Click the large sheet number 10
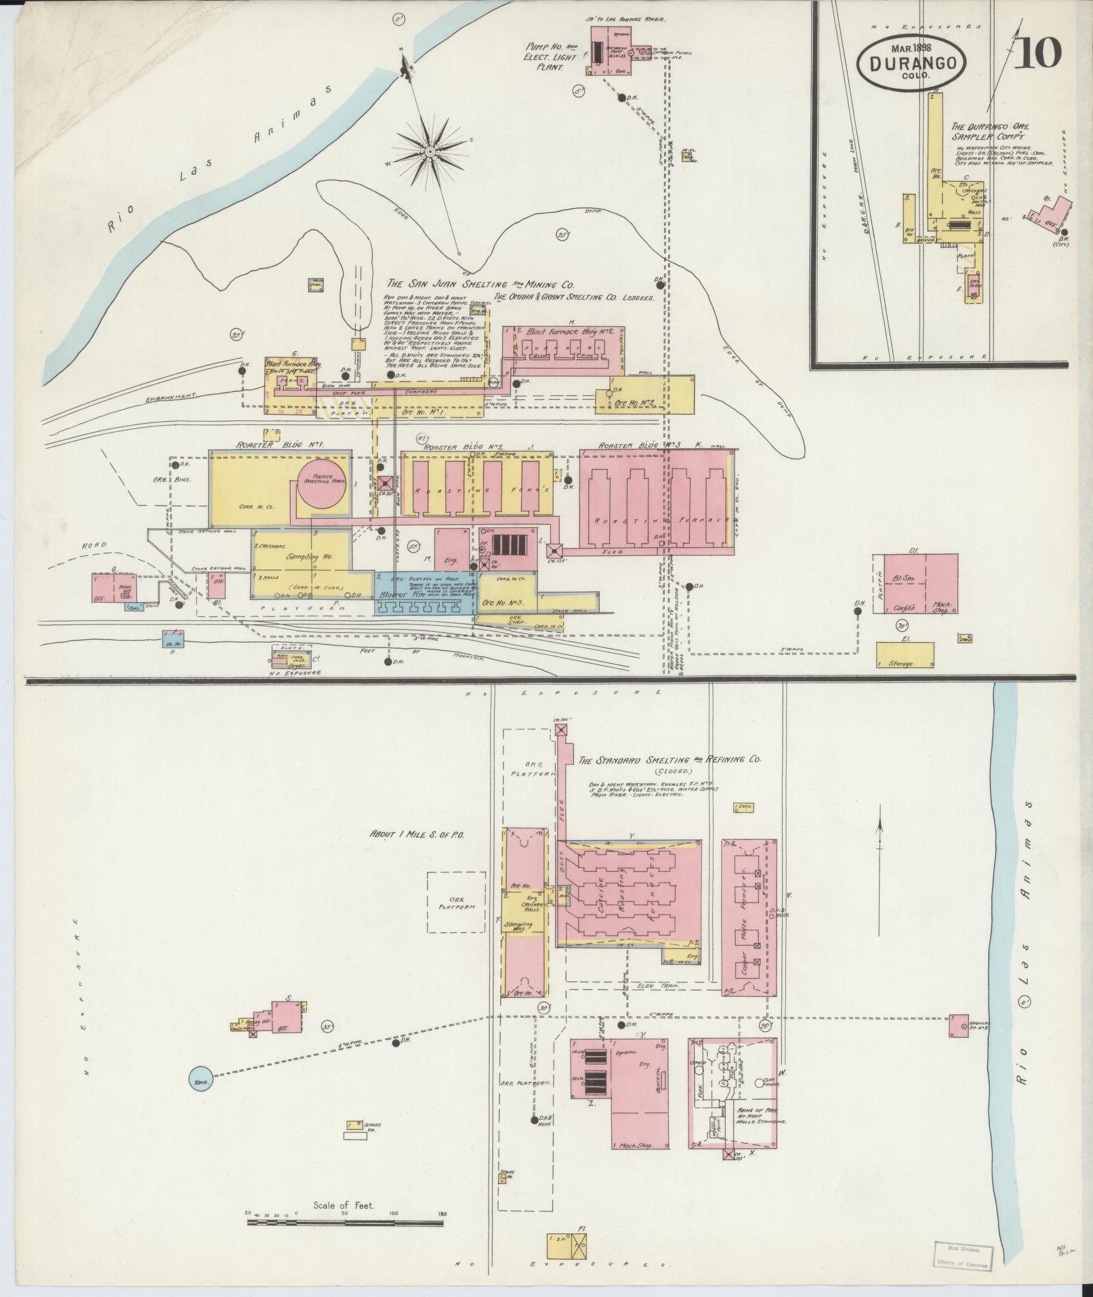click(1037, 52)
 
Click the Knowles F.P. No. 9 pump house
click(958, 1043)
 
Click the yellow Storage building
click(905, 654)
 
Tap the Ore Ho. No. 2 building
click(644, 401)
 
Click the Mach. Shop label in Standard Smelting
click(636, 1145)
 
